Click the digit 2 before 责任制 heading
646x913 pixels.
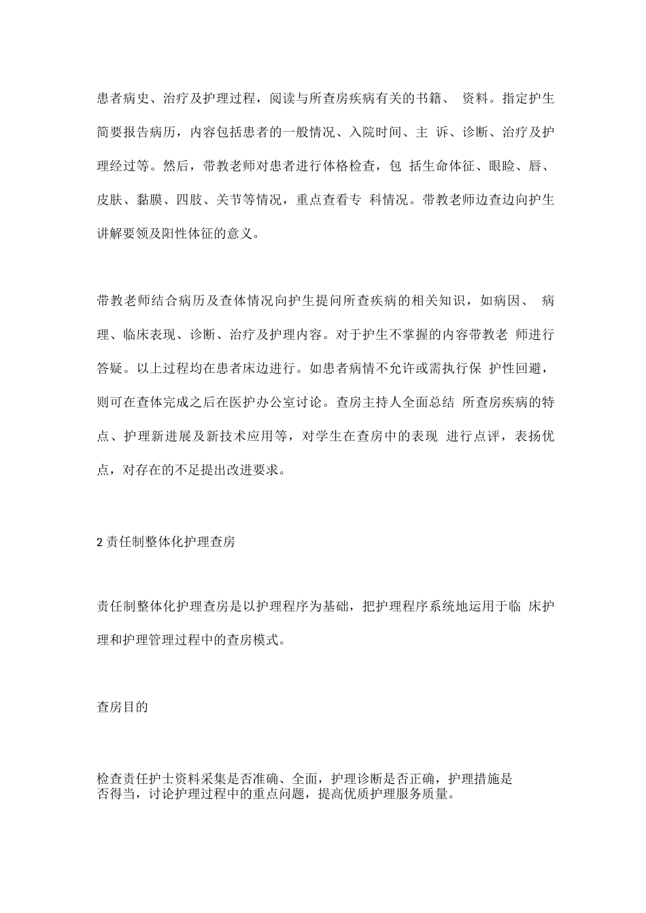coord(99,543)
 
